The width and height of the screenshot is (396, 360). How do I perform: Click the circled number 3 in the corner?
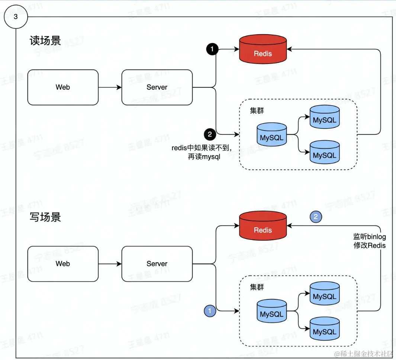[15, 17]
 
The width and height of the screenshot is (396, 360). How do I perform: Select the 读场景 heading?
[45, 41]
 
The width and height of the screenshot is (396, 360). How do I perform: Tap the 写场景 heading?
[45, 217]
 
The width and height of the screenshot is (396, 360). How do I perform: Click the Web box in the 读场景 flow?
[63, 87]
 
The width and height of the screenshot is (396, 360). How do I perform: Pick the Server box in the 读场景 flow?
[157, 87]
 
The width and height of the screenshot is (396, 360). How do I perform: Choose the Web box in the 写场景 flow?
[63, 264]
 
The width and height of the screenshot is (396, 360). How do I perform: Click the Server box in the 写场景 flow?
[157, 264]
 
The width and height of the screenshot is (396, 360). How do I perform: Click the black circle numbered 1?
[212, 49]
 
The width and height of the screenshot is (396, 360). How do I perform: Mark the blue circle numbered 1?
[210, 310]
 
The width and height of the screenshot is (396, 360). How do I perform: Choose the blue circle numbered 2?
[316, 217]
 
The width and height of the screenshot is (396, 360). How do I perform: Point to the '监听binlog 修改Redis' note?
[369, 241]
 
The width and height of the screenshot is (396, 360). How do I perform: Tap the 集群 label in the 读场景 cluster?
[257, 111]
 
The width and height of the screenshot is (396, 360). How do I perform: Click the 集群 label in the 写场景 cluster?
[257, 287]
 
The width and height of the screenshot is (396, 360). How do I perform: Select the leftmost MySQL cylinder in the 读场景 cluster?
[271, 135]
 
